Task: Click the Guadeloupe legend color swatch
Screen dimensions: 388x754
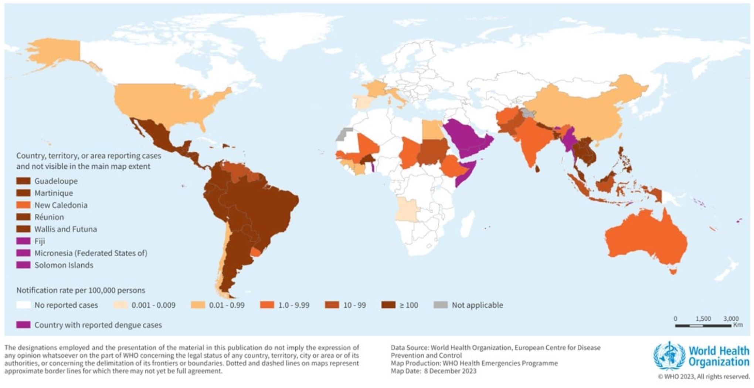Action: pyautogui.click(x=23, y=181)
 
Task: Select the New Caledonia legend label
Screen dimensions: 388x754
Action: pyautogui.click(x=61, y=205)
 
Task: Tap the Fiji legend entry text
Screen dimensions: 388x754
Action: pyautogui.click(x=40, y=241)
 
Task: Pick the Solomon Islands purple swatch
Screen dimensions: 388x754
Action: pyautogui.click(x=23, y=265)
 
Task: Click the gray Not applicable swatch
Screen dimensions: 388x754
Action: pyautogui.click(x=440, y=305)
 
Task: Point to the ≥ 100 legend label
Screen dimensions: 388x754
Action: pyautogui.click(x=409, y=305)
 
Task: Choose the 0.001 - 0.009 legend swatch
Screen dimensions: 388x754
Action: pyautogui.click(x=120, y=305)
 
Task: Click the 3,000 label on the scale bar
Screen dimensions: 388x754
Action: pyautogui.click(x=731, y=318)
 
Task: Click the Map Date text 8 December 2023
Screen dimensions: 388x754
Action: pyautogui.click(x=450, y=371)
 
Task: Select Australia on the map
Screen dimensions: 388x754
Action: pyautogui.click(x=647, y=237)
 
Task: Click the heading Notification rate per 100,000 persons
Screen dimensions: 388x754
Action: pyautogui.click(x=81, y=290)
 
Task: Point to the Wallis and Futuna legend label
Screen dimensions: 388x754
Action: pyautogui.click(x=65, y=229)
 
